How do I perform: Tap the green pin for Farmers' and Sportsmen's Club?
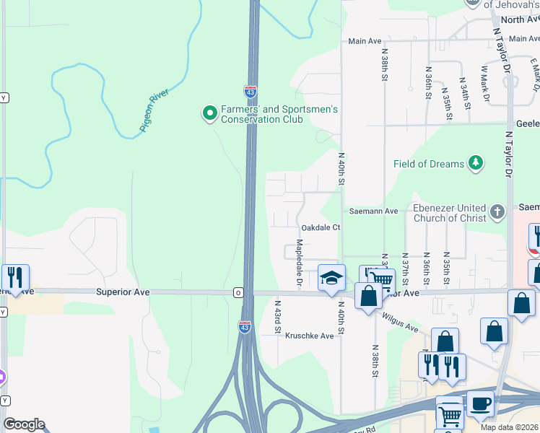[x=209, y=113]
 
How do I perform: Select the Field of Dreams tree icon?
[x=475, y=163]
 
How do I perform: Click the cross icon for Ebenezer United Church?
[x=497, y=212]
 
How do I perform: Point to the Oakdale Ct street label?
[x=320, y=227]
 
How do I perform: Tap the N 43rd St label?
[x=276, y=317]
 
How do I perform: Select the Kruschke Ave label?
[x=310, y=336]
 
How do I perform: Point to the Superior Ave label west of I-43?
[x=123, y=292]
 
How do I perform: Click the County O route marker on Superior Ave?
[x=238, y=292]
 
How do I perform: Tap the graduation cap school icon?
[x=331, y=279]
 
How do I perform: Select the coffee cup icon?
[x=481, y=405]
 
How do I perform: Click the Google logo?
[x=24, y=424]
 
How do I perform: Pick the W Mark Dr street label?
[x=486, y=83]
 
